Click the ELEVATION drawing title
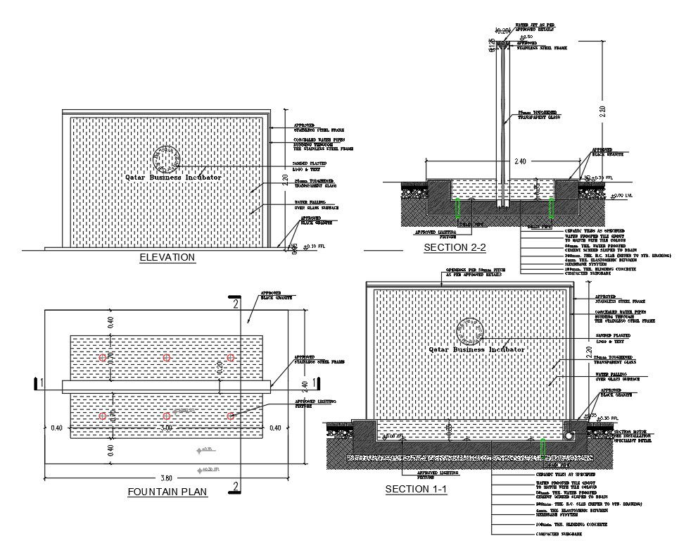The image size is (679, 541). pos(167,258)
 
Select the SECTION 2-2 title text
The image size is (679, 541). pos(455,247)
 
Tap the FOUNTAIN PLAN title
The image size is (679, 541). pos(167,492)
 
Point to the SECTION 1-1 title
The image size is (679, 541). pos(416,489)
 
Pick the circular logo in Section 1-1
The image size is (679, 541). pos(469,331)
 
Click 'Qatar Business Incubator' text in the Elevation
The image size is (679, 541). pos(173,178)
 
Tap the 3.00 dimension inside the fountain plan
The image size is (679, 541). pos(167,427)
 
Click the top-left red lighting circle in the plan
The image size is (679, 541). pos(103,358)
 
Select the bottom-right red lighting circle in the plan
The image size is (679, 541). pos(230,416)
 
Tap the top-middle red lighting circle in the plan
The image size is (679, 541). pos(167,358)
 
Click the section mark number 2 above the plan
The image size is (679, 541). pos(236,304)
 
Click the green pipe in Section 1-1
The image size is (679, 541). pos(542,448)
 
